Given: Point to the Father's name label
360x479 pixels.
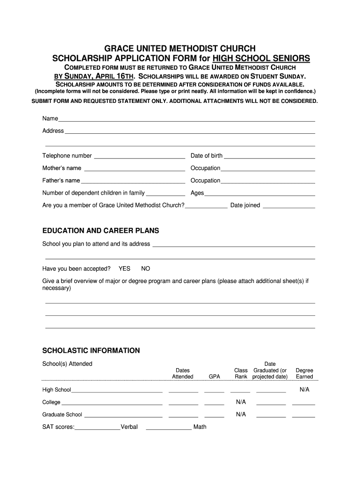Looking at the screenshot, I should click(x=61, y=181).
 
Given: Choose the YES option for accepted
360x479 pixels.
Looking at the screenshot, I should click(x=124, y=269).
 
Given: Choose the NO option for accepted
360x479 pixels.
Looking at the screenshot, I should click(x=146, y=269).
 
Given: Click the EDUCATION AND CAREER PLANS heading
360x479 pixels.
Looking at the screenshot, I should click(x=101, y=231).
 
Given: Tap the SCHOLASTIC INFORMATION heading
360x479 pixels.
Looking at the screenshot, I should click(x=91, y=350).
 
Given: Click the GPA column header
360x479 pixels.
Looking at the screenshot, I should click(x=214, y=377).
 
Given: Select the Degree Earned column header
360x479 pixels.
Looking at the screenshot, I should click(x=304, y=373).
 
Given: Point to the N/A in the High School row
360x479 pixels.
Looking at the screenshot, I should click(x=304, y=389).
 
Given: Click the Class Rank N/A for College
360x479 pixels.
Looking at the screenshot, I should click(x=241, y=402).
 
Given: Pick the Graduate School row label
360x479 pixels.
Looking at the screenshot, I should click(x=62, y=414).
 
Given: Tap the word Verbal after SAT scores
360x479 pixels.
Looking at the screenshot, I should click(x=129, y=427).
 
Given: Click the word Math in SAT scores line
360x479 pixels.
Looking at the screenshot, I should click(x=200, y=427).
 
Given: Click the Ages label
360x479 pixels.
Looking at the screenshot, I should click(x=197, y=193).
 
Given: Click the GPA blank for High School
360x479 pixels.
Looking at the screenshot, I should click(x=214, y=391).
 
